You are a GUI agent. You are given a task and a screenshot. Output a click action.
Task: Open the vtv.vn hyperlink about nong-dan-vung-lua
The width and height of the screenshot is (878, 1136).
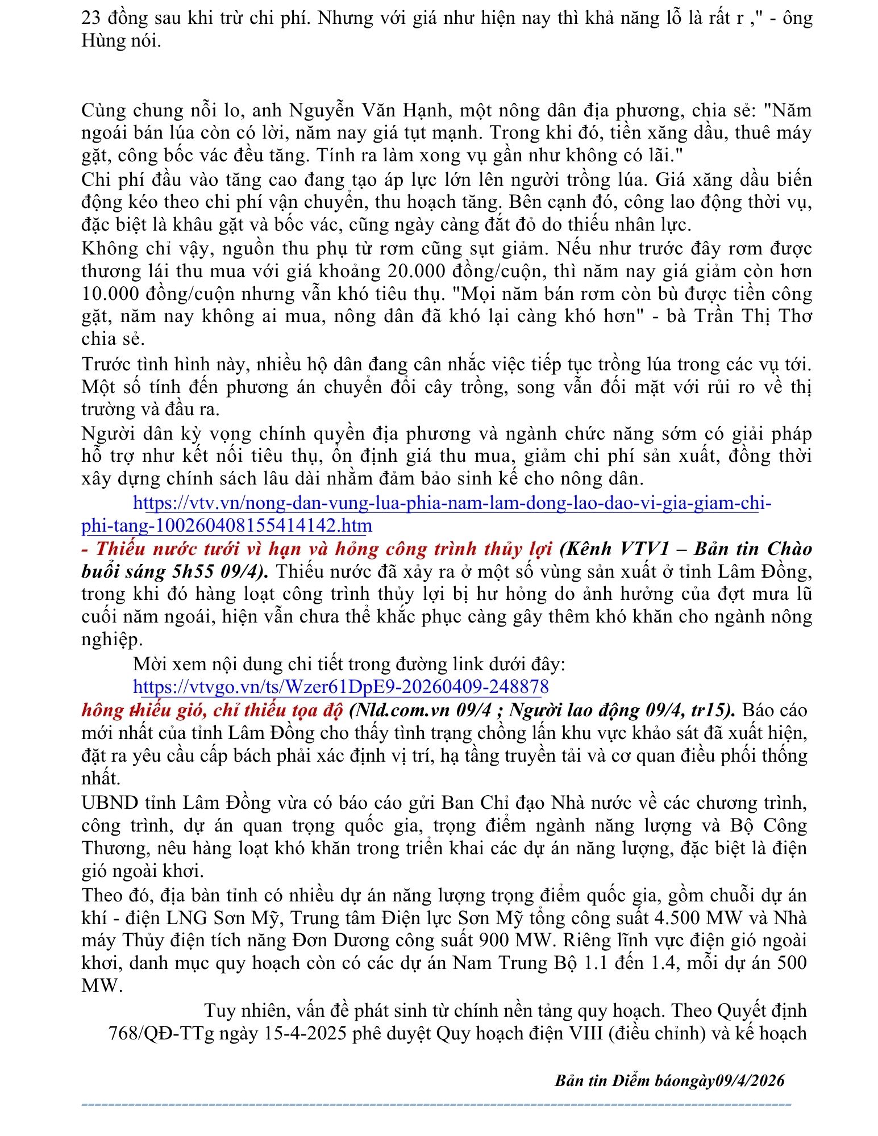coord(452,503)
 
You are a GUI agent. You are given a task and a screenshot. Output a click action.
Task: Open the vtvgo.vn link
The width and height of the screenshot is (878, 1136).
coord(341,687)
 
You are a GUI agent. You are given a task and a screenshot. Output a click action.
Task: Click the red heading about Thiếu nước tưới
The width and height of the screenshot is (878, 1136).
coord(324,549)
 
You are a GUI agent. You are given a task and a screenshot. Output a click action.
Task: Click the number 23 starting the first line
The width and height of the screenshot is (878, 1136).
coord(91,18)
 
